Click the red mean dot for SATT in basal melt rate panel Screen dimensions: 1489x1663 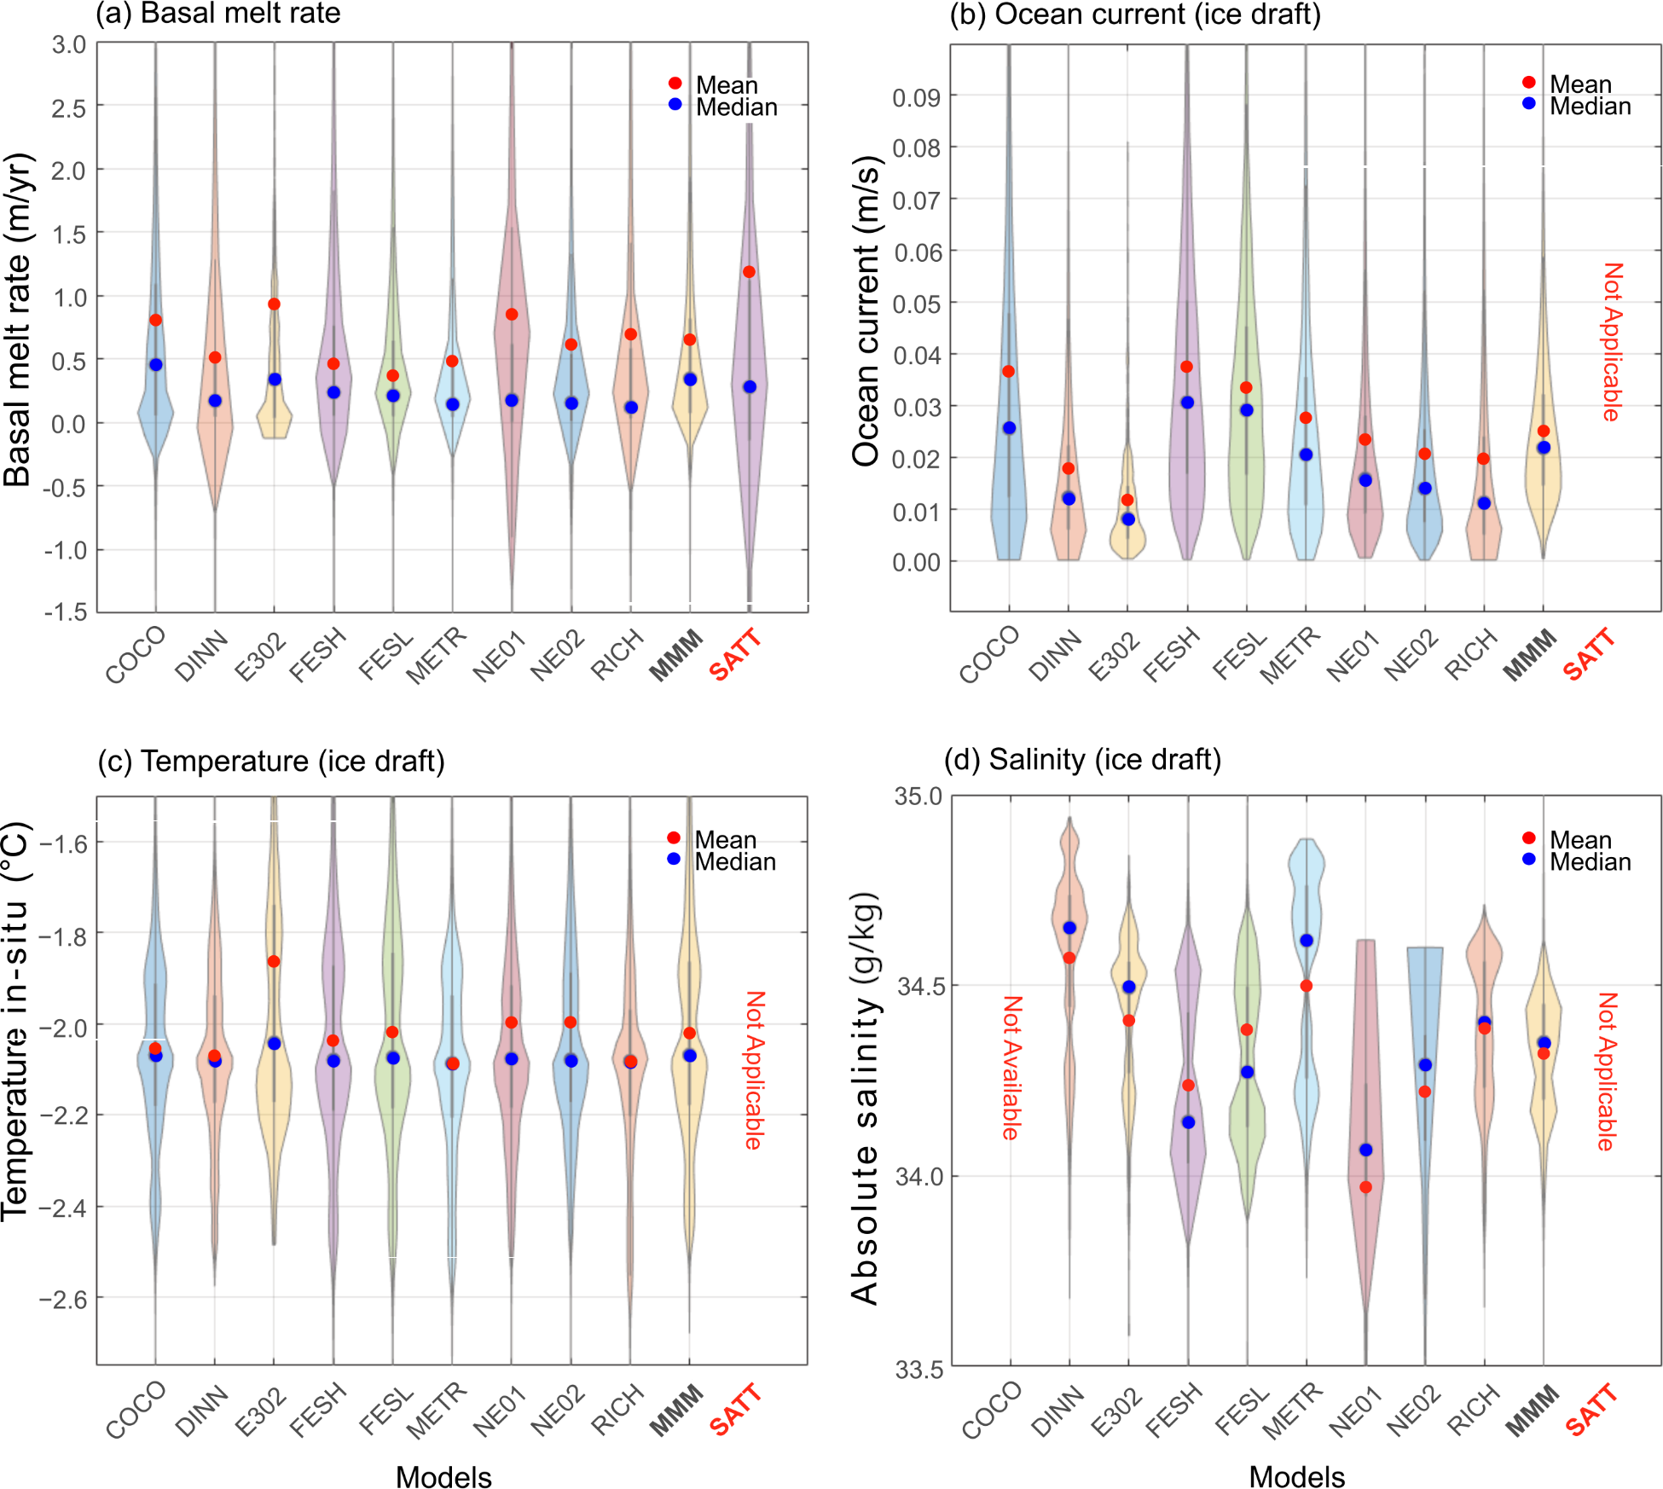tap(749, 272)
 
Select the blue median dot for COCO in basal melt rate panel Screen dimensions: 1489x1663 tap(156, 365)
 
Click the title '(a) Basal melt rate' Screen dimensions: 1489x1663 tap(218, 14)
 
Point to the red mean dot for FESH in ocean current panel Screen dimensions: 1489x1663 tap(1186, 367)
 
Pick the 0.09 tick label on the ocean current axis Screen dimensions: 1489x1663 tap(916, 97)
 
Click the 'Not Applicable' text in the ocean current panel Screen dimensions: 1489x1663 tap(1611, 342)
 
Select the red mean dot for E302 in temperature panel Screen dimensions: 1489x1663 tap(274, 962)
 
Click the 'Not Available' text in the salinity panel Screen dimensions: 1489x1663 tap(1011, 1068)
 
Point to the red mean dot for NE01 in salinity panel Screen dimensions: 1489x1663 tap(1365, 1187)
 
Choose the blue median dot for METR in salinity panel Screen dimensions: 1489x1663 tap(1306, 941)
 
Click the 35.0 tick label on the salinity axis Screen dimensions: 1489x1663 tap(918, 797)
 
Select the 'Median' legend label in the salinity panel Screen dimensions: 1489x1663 tap(1590, 862)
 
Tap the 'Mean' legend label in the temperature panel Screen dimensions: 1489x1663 tap(725, 840)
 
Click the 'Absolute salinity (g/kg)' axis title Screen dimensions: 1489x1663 tap(865, 1100)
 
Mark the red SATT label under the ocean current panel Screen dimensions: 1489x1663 tap(1589, 654)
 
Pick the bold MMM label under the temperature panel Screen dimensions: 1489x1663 tap(676, 1411)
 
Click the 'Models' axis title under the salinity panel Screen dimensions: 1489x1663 tap(1296, 1477)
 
